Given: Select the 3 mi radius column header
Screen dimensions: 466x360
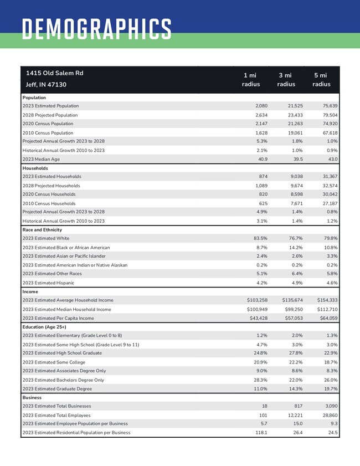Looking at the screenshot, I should point(286,80).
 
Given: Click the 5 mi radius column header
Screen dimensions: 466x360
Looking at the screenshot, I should point(321,80).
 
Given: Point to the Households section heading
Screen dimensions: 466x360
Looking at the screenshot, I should point(35,168).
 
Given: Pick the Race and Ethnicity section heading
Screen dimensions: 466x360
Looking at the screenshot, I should point(42,229).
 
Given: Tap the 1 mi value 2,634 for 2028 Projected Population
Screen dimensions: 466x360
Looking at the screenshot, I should point(260,115).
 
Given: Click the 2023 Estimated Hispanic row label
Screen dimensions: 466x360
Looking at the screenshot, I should point(48,283).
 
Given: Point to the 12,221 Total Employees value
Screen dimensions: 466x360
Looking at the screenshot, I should point(294,415).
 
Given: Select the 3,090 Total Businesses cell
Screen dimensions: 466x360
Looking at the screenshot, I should point(329,406).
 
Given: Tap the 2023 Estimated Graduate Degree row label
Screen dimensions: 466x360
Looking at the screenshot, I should point(58,389).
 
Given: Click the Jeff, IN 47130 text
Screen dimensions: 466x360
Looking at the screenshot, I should point(46,85).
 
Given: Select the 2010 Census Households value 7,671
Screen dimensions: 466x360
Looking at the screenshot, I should point(295,203).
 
